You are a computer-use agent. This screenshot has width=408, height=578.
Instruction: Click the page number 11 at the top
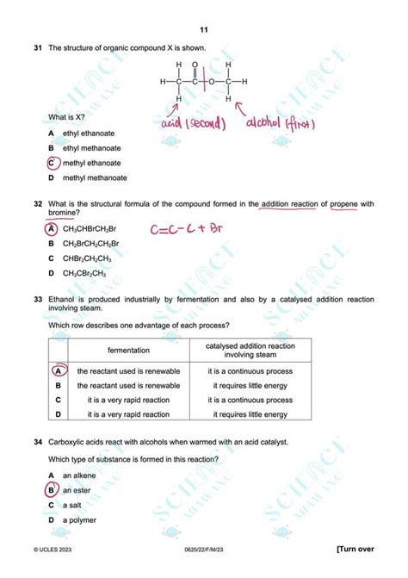[203, 29]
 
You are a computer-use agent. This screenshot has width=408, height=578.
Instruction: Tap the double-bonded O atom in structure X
[195, 65]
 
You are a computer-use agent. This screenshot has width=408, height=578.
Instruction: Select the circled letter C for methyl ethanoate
[52, 163]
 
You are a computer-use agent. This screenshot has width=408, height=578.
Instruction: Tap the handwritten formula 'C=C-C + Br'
[187, 230]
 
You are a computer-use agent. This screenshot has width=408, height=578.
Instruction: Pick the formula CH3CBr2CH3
[84, 273]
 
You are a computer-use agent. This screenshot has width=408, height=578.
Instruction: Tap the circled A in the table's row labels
[58, 370]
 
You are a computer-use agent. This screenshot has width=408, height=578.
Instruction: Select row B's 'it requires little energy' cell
[248, 385]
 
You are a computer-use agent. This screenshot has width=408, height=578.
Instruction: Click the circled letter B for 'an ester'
[52, 490]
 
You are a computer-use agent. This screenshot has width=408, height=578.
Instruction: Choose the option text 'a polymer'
[80, 519]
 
